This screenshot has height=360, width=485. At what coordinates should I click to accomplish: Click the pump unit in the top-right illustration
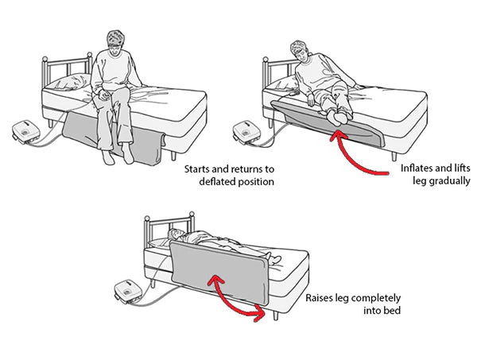(x=248, y=130)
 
